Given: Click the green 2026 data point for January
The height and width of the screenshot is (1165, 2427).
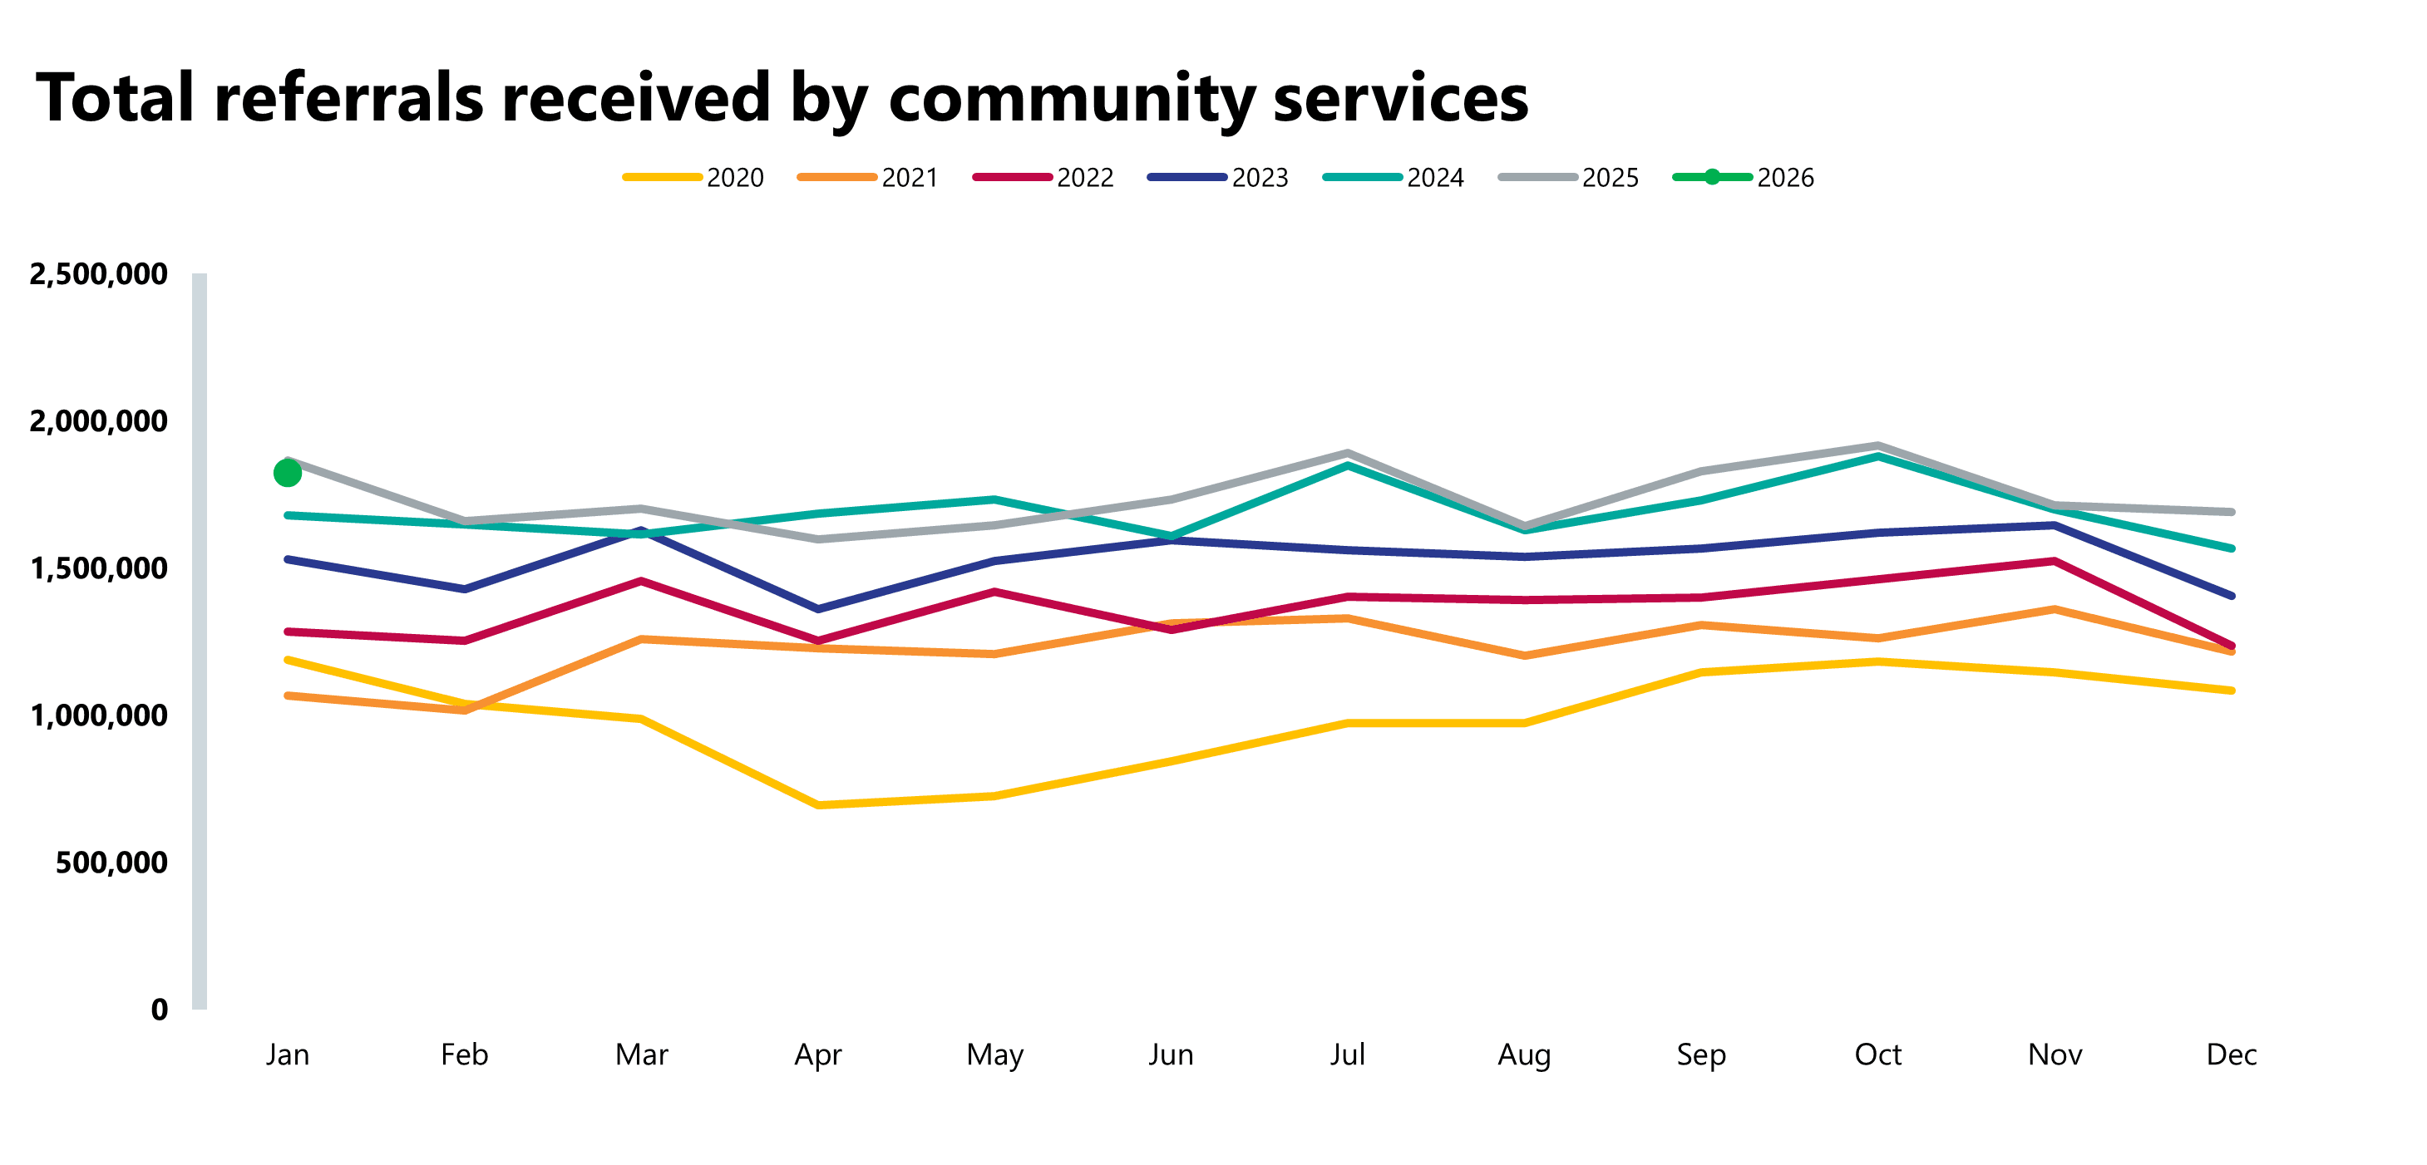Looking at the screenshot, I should point(288,473).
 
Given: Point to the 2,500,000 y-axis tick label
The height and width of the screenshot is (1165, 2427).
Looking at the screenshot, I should point(98,274).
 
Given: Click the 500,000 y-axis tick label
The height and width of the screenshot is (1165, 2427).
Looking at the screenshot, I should point(111,863).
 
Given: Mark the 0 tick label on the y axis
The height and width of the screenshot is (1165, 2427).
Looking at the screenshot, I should point(160,1010).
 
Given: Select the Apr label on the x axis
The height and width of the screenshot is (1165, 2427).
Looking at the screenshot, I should point(818,1054).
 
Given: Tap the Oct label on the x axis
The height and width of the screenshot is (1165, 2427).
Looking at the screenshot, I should point(1877,1054).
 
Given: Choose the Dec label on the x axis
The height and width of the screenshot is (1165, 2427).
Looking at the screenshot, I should point(2231,1054).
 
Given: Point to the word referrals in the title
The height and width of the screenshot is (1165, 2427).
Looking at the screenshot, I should point(349,98).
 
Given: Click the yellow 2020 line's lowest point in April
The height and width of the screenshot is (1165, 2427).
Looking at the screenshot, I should point(818,805).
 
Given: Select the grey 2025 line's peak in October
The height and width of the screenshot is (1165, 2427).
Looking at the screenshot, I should point(1877,445).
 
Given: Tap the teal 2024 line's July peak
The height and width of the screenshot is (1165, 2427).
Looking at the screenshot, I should point(1349,465).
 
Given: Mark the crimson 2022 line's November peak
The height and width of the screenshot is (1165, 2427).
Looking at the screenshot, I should point(2055,561).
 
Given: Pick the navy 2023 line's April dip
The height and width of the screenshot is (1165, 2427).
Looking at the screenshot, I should point(818,609).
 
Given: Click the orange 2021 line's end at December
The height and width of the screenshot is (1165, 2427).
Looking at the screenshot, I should point(2231,651).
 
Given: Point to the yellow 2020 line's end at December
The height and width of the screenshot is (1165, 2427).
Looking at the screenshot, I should point(2231,691).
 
